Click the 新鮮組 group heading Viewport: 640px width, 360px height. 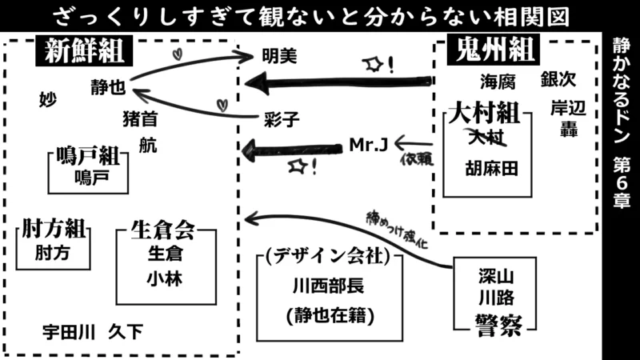84,53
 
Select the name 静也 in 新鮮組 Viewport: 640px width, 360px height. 107,86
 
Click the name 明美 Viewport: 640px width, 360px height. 280,57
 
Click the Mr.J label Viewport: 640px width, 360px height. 369,144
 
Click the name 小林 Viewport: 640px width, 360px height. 164,278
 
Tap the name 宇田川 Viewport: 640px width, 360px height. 70,330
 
